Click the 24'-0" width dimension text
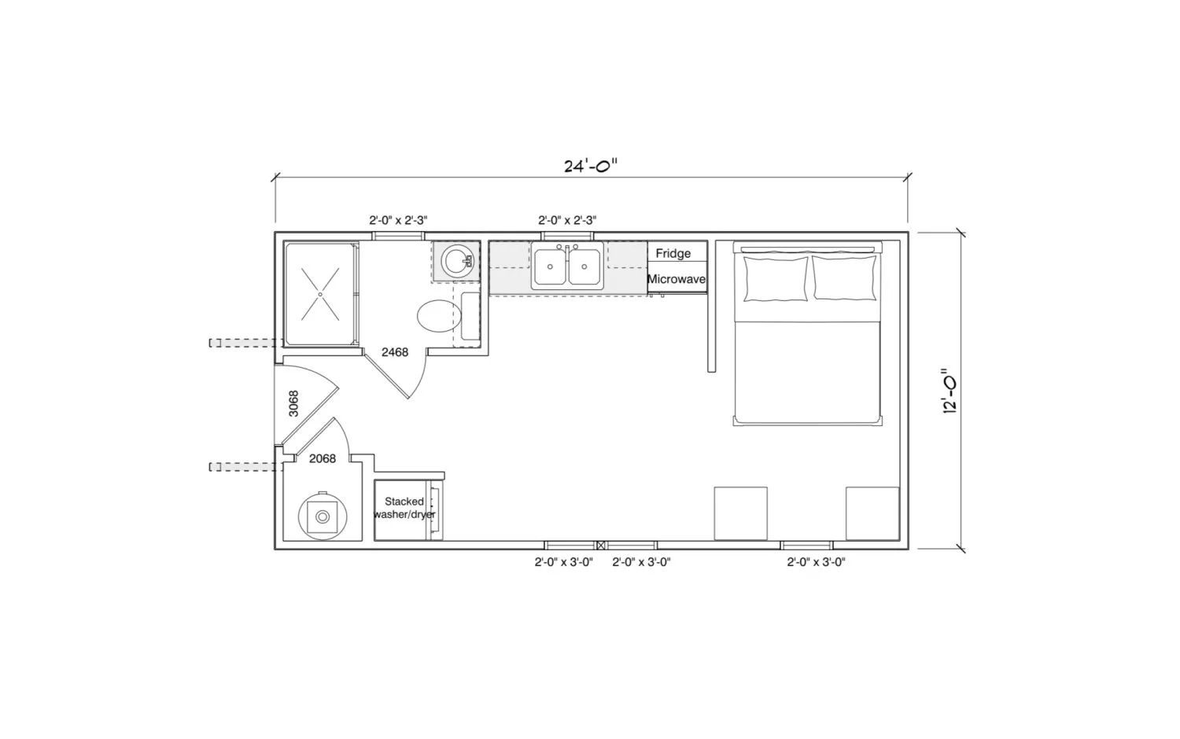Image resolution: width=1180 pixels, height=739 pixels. point(590,166)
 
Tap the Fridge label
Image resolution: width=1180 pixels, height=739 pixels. point(673,254)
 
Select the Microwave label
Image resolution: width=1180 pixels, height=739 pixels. point(677,279)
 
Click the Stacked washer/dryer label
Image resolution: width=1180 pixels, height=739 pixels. point(404,508)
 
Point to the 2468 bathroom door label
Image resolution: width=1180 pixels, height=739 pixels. point(395,352)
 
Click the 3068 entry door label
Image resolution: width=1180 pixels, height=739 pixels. point(294,403)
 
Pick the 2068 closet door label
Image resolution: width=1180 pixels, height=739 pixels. point(323,459)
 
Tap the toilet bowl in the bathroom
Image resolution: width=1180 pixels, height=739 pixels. point(439,316)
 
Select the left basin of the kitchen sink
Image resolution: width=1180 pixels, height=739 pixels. point(550,267)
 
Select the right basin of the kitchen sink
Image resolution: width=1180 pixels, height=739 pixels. point(584,267)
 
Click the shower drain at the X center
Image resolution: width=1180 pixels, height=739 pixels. point(319,294)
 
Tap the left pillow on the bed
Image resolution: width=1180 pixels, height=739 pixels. point(776,278)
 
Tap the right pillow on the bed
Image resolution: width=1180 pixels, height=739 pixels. point(845,278)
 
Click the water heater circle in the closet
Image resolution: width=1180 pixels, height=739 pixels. point(323,517)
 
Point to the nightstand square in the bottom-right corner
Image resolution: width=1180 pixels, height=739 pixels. point(872,513)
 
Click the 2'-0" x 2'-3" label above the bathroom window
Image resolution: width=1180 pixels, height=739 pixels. point(398,220)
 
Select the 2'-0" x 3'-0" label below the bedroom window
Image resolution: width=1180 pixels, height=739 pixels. point(816,562)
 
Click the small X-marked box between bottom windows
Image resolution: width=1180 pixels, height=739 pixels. point(600,546)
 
